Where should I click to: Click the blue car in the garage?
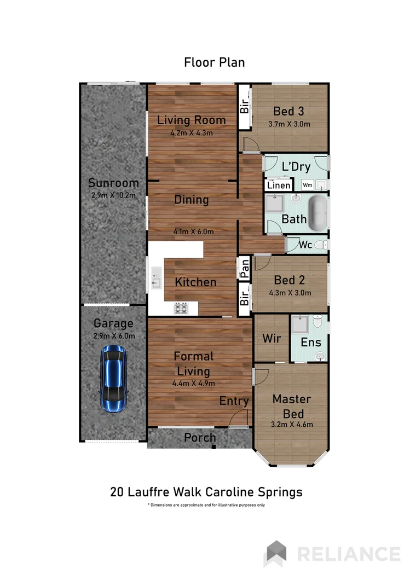click(113, 379)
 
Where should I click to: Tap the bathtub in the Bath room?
click(318, 214)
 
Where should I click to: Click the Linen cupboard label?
click(279, 185)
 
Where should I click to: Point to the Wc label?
click(305, 245)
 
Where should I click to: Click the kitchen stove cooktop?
click(181, 309)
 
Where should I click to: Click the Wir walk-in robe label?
click(272, 338)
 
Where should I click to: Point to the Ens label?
click(310, 343)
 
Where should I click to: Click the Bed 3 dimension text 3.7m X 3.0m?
click(289, 124)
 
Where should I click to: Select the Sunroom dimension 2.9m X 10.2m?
click(113, 195)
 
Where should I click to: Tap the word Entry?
click(234, 401)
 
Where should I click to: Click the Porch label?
click(199, 438)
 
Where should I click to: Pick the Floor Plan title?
click(214, 62)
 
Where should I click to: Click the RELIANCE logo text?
click(348, 553)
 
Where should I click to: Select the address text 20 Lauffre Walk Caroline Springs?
click(206, 492)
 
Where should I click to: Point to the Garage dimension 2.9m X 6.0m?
click(114, 336)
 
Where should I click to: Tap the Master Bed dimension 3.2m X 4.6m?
click(292, 424)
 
